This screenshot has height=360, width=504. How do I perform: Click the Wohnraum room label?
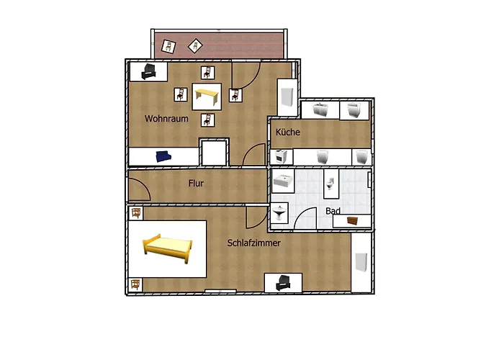[x=166, y=119]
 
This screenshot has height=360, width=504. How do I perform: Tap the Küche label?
[x=288, y=132]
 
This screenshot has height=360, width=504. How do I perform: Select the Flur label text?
[x=196, y=183]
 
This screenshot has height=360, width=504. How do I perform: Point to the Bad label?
[x=333, y=211]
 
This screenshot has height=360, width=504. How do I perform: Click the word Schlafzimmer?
[x=254, y=243]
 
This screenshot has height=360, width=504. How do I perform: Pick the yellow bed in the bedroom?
[x=168, y=248]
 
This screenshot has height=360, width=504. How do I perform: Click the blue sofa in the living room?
[x=163, y=156]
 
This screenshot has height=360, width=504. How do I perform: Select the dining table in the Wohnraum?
[x=207, y=96]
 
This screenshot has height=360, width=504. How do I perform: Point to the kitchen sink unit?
[x=320, y=109]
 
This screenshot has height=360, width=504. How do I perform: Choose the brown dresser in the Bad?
[x=352, y=221]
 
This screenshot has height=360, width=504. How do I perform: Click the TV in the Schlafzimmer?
[x=283, y=282]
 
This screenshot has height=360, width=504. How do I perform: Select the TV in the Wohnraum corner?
[x=149, y=71]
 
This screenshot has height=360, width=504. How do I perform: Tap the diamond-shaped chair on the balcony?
[x=195, y=46]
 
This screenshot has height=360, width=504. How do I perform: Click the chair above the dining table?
[x=207, y=73]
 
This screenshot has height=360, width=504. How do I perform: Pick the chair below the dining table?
[x=207, y=120]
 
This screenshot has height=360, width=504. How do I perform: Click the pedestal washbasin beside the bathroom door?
[x=279, y=212]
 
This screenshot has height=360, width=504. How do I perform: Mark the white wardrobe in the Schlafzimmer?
[x=361, y=262]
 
